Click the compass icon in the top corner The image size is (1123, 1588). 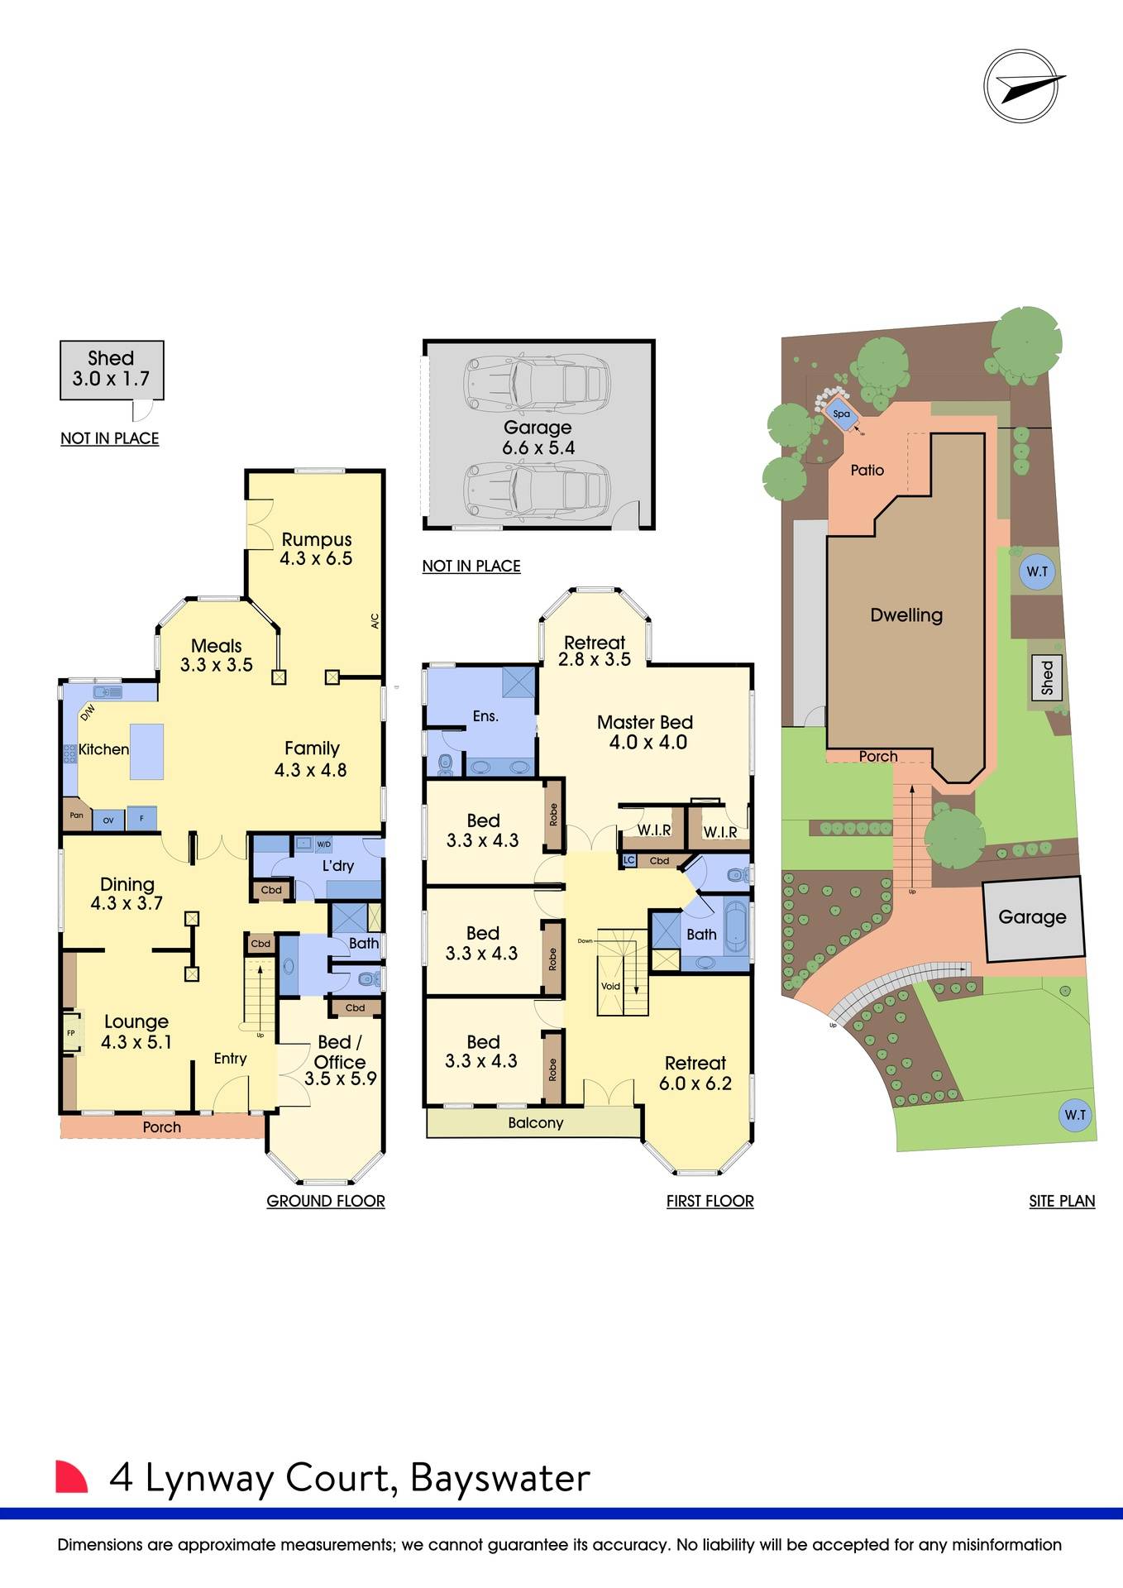coord(1021,86)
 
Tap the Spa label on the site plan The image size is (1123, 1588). coord(841,414)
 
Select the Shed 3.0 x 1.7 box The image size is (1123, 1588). coord(112,370)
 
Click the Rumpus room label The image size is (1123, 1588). coord(317,540)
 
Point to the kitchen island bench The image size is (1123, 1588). coord(147,751)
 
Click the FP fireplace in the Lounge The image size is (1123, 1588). coord(71,1033)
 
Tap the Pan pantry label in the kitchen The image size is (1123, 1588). coord(76,816)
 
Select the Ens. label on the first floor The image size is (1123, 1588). coord(485,716)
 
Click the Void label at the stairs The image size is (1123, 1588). coord(610,986)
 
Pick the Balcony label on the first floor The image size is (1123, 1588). coord(536,1122)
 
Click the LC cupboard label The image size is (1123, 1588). coord(628,860)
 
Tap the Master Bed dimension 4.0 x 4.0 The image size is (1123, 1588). coord(648,743)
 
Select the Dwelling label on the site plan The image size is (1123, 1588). coord(906,615)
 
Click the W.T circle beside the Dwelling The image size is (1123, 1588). coord(1037,572)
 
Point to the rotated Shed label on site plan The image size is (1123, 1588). coord(1048,677)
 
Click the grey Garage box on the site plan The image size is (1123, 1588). coord(1032,917)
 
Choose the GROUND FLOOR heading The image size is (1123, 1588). coord(325,1201)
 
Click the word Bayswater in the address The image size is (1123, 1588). coord(500,1478)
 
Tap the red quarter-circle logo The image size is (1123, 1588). coord(70,1477)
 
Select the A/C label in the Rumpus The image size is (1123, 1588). coord(374,620)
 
